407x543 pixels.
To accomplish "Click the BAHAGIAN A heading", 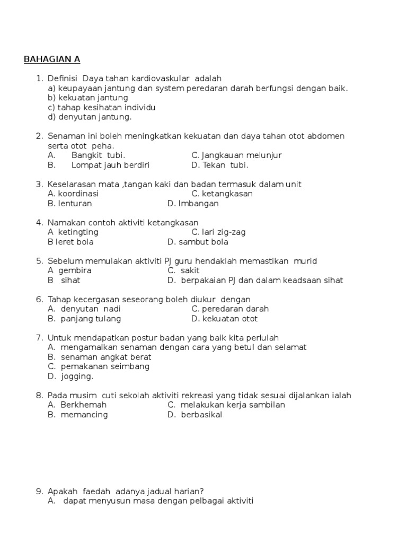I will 52,59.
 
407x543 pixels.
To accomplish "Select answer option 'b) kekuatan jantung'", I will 88,98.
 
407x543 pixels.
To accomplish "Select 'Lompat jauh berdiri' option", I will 110,165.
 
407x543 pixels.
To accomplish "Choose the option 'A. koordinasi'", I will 73,194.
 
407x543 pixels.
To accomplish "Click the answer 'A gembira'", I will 69,270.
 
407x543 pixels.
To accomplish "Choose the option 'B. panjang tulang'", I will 84,319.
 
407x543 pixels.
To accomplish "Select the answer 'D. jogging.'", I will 70,376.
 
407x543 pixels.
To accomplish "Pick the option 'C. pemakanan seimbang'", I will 99,366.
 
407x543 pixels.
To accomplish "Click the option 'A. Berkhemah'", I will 77,405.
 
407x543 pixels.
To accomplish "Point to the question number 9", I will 39,492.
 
